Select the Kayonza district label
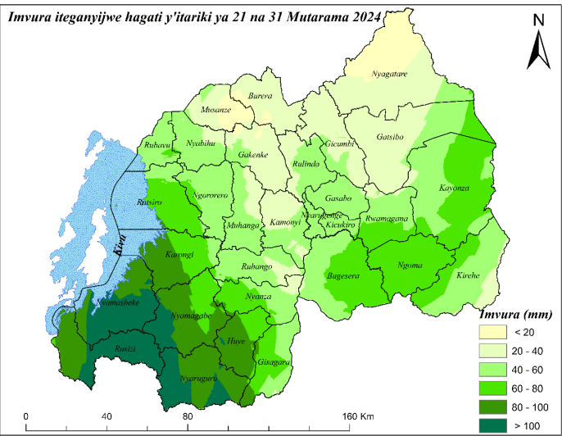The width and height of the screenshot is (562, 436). point(455,188)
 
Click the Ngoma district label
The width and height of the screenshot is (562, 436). point(409,265)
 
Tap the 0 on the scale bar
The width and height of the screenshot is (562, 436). point(26,417)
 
